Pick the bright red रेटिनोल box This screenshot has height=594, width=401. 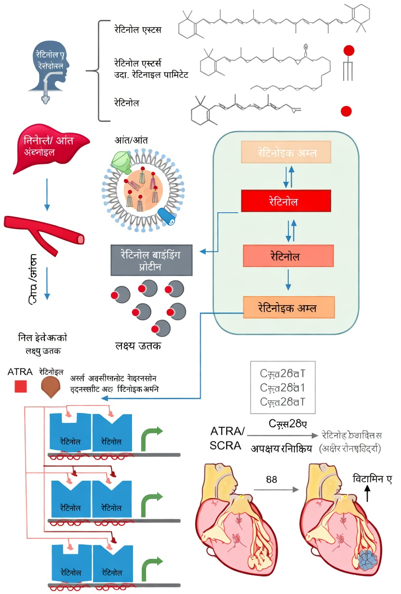[286, 201]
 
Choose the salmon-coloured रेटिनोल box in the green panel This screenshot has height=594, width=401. [288, 256]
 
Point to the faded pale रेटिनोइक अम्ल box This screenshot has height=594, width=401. [286, 152]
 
